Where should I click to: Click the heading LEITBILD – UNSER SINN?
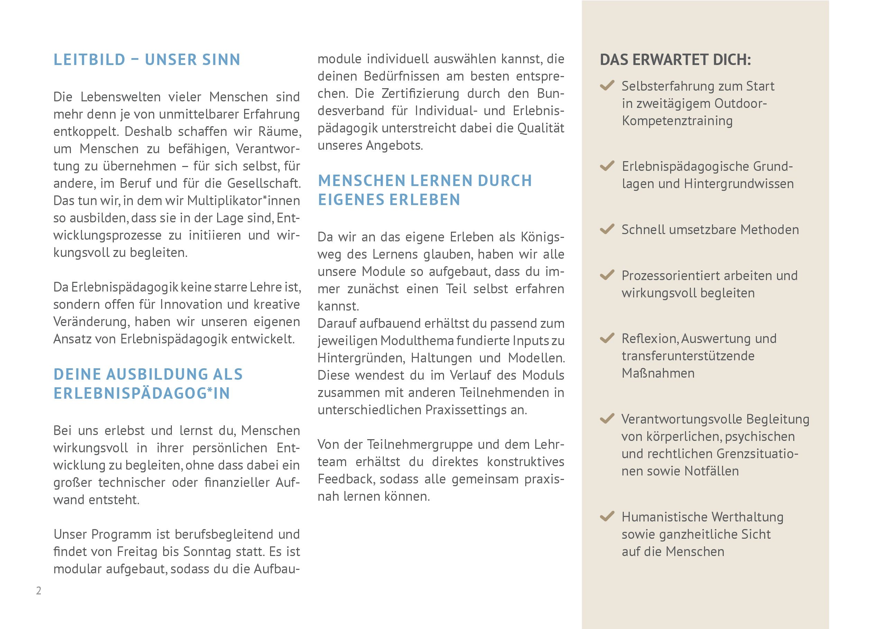(147, 60)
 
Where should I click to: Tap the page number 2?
(38, 590)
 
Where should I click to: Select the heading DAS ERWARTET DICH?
(675, 60)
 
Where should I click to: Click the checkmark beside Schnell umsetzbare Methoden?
(607, 229)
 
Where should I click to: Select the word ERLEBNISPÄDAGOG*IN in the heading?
(141, 394)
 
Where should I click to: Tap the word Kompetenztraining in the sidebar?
(677, 121)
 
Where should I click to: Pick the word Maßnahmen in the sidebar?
(658, 373)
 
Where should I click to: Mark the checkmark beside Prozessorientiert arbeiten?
(607, 275)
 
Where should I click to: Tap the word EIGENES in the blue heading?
(348, 200)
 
